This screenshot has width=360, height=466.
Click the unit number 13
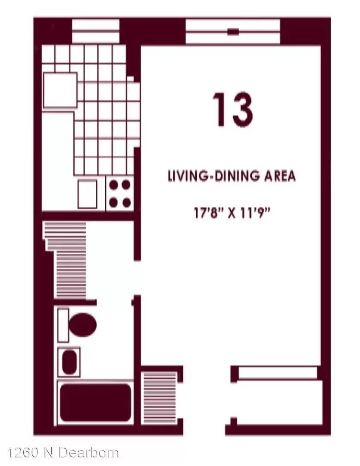pos(232,109)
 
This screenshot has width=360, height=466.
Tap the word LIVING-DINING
pos(213,176)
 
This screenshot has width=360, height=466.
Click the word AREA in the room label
pos(280,176)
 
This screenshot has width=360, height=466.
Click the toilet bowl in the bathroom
pos(83,324)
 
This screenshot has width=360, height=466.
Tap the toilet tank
pos(63,325)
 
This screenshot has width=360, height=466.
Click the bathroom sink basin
pos(69,362)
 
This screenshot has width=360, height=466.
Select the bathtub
pos(95,403)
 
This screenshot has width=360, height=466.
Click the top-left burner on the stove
pos(114,185)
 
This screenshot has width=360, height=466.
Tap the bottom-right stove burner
pos(126,203)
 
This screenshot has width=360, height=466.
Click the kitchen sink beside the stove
pos(88,194)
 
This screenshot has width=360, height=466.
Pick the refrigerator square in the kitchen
pos(60,90)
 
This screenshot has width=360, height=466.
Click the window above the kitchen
pos(96,31)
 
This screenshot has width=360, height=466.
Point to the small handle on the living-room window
pos(233,31)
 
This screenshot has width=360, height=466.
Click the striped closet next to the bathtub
pos(160,397)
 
